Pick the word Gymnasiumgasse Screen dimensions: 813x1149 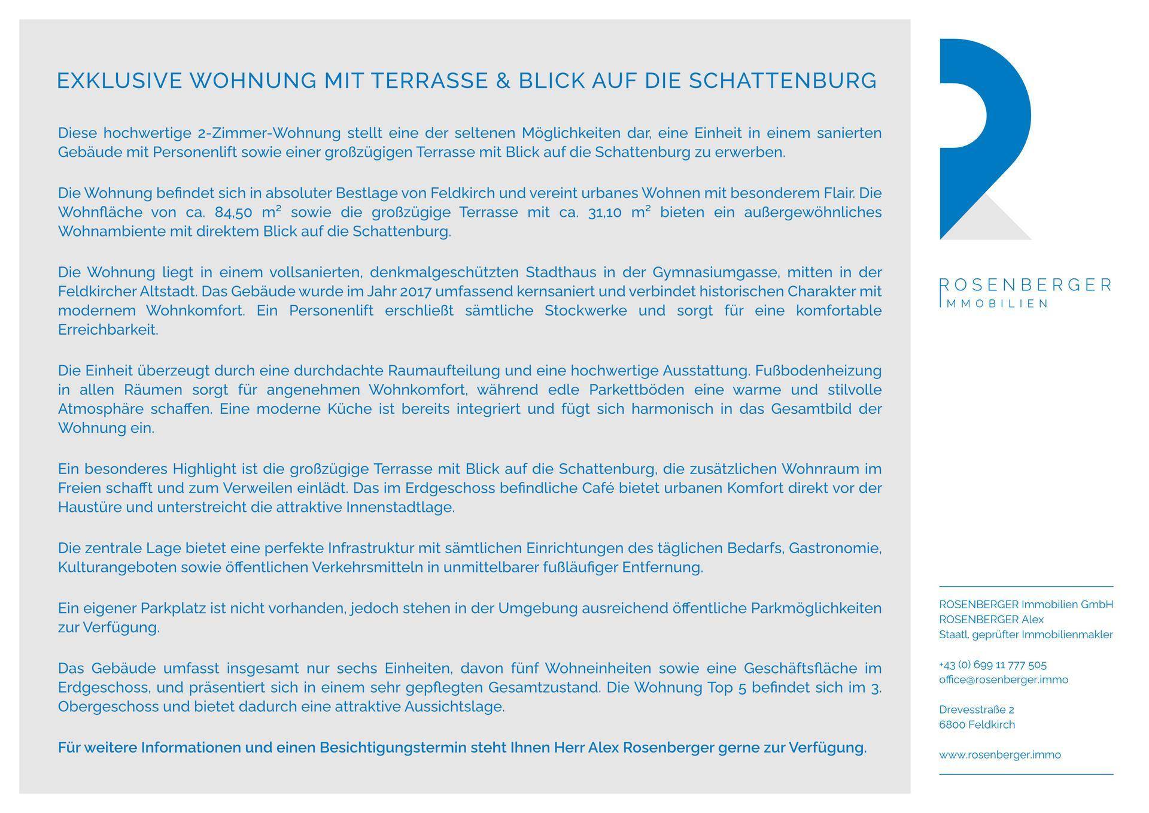[716, 272]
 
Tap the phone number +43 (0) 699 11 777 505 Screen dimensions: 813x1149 [992, 665]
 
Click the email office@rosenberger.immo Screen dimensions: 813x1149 [1003, 679]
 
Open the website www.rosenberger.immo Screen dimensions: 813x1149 [999, 755]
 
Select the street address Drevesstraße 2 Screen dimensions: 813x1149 [976, 709]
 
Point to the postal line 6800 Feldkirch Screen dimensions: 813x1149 [977, 724]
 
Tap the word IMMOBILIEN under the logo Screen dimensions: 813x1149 [993, 304]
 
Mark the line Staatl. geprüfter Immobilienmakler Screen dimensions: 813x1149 [1025, 635]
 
